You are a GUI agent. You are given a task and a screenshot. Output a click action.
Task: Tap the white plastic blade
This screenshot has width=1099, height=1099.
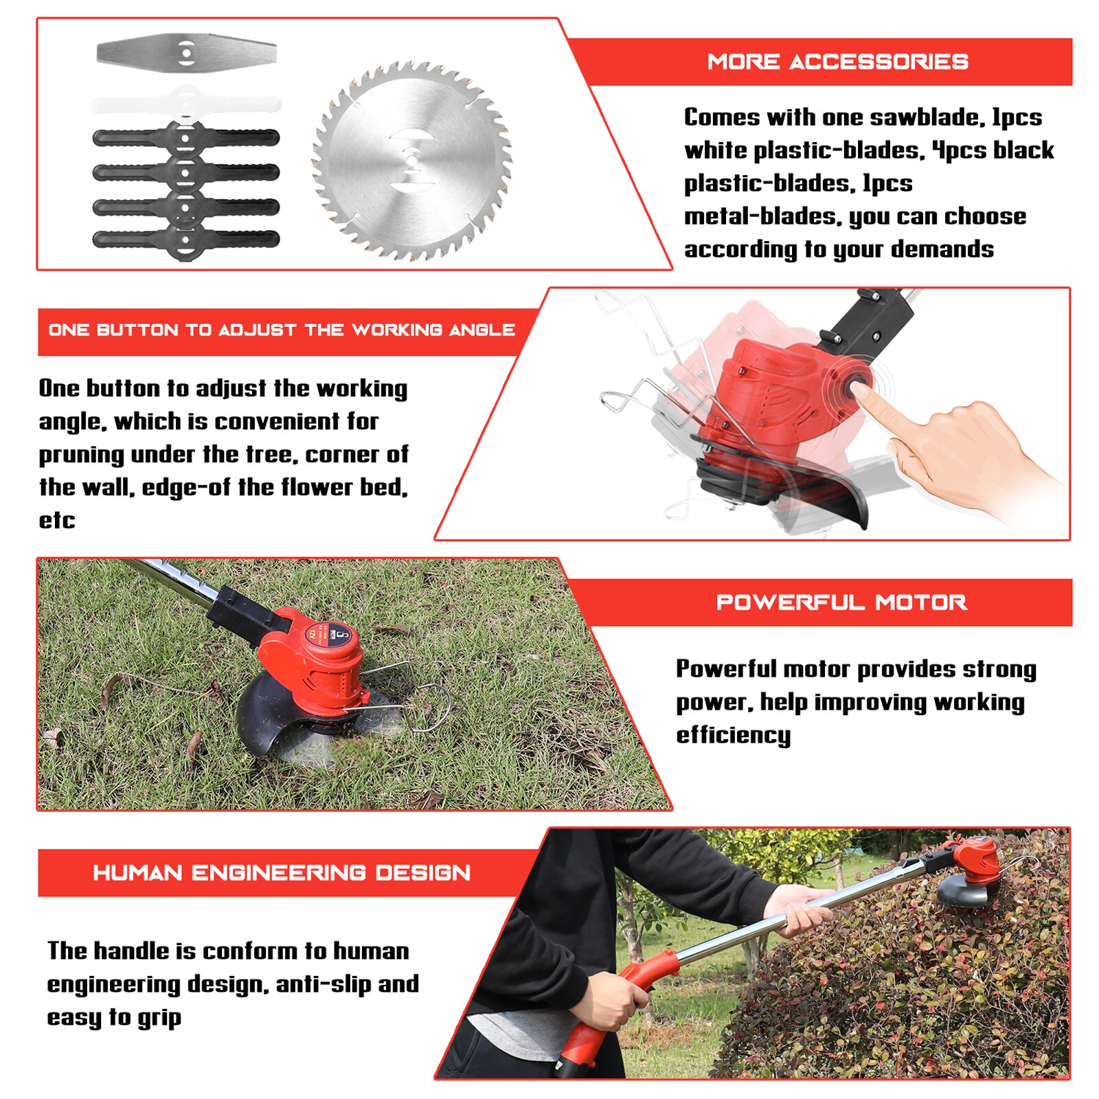pyautogui.click(x=186, y=104)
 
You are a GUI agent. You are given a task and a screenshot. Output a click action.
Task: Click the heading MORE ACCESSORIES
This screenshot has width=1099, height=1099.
pyautogui.click(x=837, y=62)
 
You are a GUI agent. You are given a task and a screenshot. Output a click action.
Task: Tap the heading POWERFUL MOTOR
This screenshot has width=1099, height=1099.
pyautogui.click(x=841, y=602)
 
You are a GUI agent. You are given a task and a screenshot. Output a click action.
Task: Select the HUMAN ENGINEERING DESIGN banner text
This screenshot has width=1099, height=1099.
pyautogui.click(x=282, y=872)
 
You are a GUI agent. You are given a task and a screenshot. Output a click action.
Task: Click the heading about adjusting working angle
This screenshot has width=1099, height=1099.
pyautogui.click(x=282, y=330)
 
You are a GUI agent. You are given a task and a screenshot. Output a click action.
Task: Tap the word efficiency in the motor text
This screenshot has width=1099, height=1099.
pyautogui.click(x=733, y=735)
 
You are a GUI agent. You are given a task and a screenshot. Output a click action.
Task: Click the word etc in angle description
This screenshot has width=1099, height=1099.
pyautogui.click(x=56, y=520)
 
